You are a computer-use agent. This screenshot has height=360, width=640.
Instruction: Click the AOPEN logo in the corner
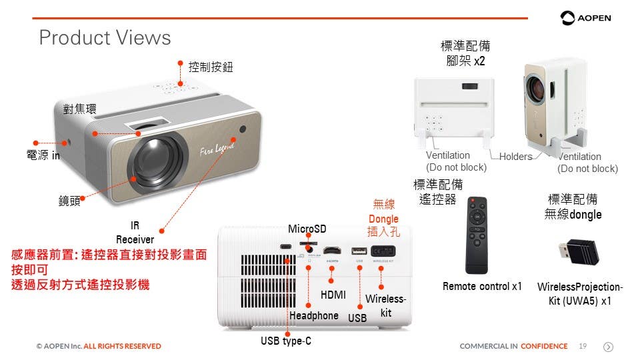[586, 18]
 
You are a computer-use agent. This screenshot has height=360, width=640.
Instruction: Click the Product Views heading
[105, 38]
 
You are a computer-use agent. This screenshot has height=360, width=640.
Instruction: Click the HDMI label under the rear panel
[333, 295]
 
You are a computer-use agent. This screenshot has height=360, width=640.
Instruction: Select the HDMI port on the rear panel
[332, 252]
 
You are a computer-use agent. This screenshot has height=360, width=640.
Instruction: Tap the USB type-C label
[286, 341]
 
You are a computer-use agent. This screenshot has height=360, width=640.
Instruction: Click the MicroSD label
[307, 229]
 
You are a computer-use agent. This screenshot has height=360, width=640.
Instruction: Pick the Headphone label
[314, 315]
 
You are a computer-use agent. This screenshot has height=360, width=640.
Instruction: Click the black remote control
[476, 235]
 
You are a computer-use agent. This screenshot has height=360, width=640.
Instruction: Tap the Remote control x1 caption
[482, 287]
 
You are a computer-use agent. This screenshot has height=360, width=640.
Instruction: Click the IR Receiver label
[135, 232]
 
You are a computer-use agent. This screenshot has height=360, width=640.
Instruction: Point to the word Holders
[515, 156]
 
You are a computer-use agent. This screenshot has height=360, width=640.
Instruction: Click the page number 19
[583, 346]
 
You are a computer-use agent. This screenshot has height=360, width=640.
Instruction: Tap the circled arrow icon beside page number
[608, 347]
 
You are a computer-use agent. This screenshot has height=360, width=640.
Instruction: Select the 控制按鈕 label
[211, 67]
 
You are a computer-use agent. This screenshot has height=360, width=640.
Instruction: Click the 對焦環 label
[79, 109]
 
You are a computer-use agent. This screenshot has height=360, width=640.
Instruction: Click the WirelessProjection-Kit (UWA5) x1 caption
[579, 293]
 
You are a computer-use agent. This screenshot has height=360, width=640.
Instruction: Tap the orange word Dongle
[383, 219]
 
